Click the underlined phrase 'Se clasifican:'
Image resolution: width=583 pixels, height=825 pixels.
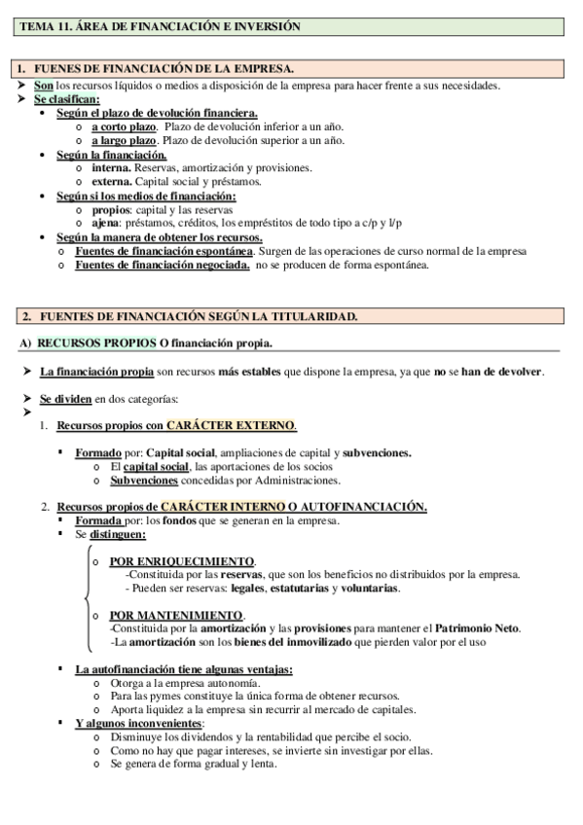click(66, 98)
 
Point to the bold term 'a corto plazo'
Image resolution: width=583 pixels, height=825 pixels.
click(124, 126)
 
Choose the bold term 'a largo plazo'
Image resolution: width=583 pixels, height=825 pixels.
click(124, 140)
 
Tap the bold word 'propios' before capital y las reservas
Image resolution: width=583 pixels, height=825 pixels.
click(111, 209)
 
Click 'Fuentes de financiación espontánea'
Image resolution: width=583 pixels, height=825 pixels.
click(164, 251)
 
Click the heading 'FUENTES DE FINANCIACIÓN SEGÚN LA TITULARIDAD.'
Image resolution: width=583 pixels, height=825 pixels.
click(196, 316)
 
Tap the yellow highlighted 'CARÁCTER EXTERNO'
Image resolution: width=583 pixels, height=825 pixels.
click(231, 426)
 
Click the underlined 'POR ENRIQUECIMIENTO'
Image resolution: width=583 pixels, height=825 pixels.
click(182, 561)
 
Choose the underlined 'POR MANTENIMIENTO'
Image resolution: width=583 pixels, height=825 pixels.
click(176, 616)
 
